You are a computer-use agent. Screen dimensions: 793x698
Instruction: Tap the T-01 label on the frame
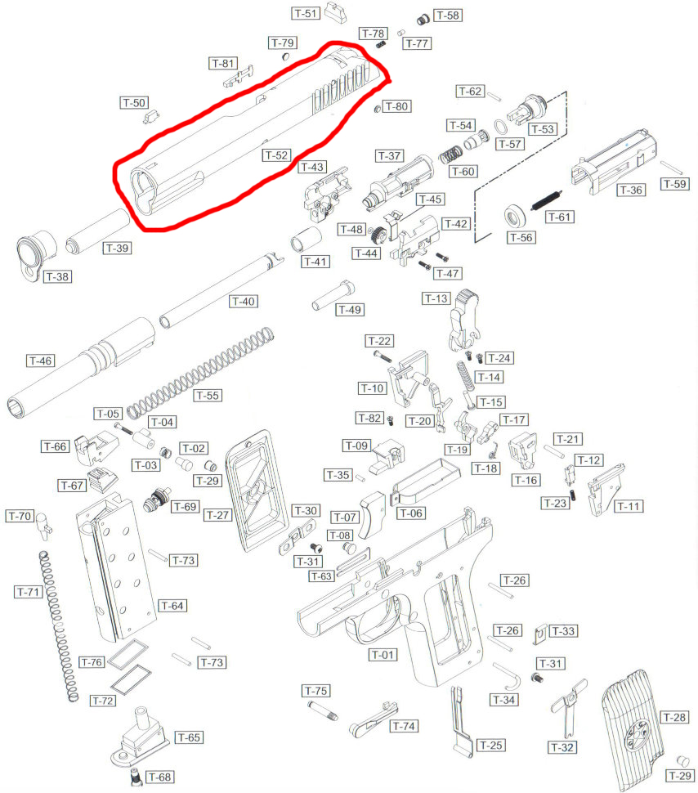[382, 654]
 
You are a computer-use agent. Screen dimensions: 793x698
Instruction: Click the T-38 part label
[57, 276]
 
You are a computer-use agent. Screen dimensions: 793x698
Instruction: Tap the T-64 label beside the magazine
[172, 605]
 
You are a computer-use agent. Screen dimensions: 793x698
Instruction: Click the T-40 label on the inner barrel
[244, 302]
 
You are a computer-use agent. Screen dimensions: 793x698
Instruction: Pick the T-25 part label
[491, 745]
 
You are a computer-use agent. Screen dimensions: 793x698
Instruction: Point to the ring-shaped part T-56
[513, 217]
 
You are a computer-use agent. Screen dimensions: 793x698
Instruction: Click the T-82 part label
[369, 418]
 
